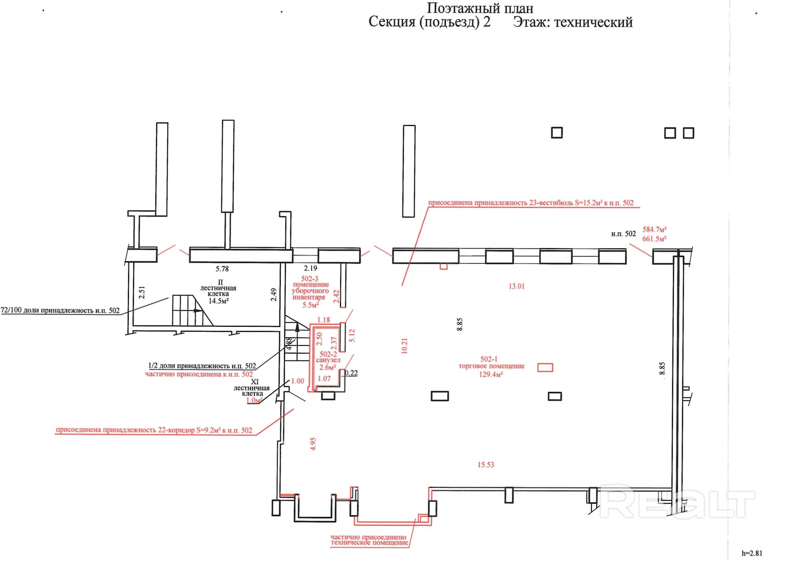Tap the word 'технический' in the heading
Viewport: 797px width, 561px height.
(593, 22)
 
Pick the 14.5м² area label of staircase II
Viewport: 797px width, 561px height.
(218, 301)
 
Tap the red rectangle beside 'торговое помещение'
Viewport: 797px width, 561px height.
(545, 367)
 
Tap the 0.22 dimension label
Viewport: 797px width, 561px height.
(351, 373)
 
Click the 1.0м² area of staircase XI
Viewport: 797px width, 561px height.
(254, 400)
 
